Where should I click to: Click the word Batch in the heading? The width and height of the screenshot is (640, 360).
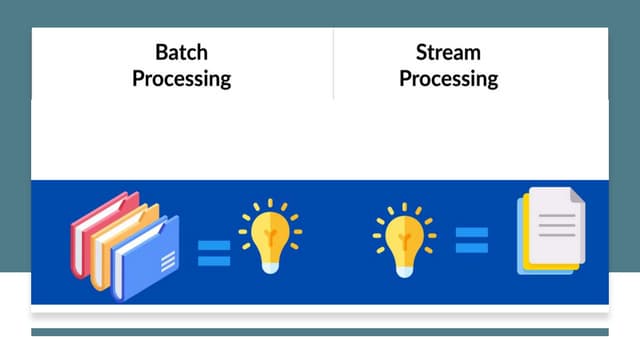click(x=181, y=52)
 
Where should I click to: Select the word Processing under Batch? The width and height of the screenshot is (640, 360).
click(x=181, y=78)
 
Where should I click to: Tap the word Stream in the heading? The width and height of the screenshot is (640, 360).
click(x=448, y=52)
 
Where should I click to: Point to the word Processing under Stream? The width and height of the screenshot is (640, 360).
click(x=448, y=78)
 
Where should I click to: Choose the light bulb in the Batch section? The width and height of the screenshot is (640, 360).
click(x=269, y=232)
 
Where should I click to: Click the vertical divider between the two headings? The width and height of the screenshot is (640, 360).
click(x=333, y=65)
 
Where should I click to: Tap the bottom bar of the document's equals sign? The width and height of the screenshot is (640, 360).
click(x=472, y=247)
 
